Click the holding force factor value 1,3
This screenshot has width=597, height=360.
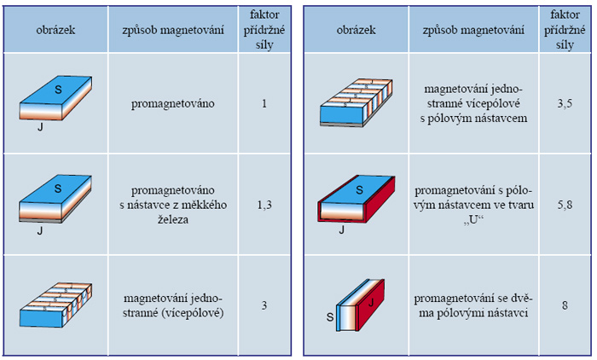(264, 206)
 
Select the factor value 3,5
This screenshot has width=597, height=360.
(565, 103)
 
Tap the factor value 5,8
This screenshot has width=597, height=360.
(565, 206)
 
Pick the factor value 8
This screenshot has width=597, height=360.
(565, 305)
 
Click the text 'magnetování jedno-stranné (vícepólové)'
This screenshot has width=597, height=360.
(173, 305)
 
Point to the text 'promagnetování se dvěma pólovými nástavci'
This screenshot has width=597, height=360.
(473, 305)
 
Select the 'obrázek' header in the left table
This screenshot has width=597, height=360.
(55, 30)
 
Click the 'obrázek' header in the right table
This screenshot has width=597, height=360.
(356, 30)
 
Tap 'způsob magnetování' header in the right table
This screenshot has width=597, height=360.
(473, 30)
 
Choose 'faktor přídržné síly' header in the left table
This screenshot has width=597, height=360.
(264, 30)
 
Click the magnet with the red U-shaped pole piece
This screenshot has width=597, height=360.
(356, 199)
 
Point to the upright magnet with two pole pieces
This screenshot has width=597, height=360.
(360, 305)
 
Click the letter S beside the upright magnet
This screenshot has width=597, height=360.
(330, 317)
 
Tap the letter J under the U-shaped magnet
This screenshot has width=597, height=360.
(341, 229)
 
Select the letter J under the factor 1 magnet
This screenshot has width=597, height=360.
(40, 127)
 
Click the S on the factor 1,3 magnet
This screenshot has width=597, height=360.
(58, 189)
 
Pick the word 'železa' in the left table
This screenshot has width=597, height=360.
(173, 220)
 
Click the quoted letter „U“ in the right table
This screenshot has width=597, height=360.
(473, 220)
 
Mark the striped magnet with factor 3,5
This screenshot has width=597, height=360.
(356, 102)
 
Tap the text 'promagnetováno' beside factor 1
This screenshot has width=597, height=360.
(173, 103)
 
